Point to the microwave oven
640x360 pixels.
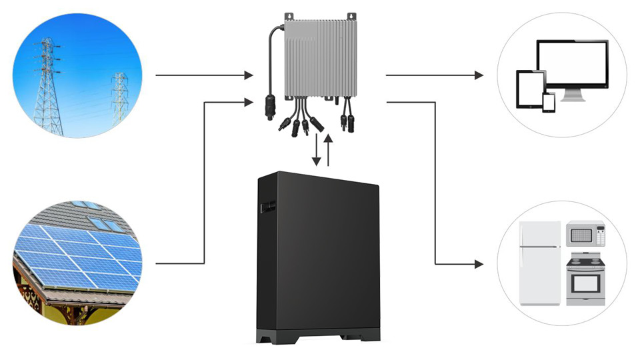pyautogui.click(x=585, y=235)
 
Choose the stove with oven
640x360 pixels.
pyautogui.click(x=585, y=279)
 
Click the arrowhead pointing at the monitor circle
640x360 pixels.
pyautogui.click(x=479, y=75)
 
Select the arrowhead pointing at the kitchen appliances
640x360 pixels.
pyautogui.click(x=479, y=265)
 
